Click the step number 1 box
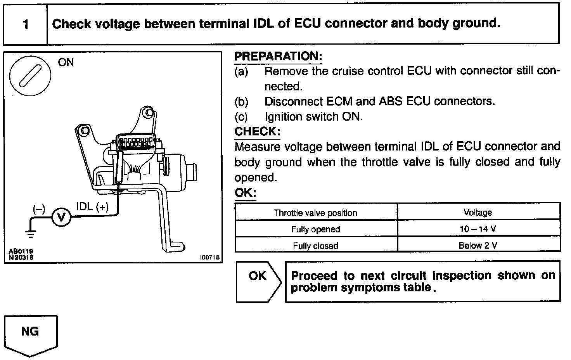point(26,24)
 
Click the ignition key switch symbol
point(30,74)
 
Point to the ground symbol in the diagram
point(31,233)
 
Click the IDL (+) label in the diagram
point(92,207)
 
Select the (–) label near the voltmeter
point(39,209)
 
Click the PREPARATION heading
point(278,57)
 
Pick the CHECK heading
point(257,132)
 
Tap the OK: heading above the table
point(246,193)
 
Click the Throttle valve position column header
point(315,213)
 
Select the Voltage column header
point(478,213)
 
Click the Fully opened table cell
point(315,229)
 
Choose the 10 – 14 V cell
point(478,229)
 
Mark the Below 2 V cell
point(478,246)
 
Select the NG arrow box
point(30,335)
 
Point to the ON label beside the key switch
point(66,62)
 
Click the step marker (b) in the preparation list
point(241,102)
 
